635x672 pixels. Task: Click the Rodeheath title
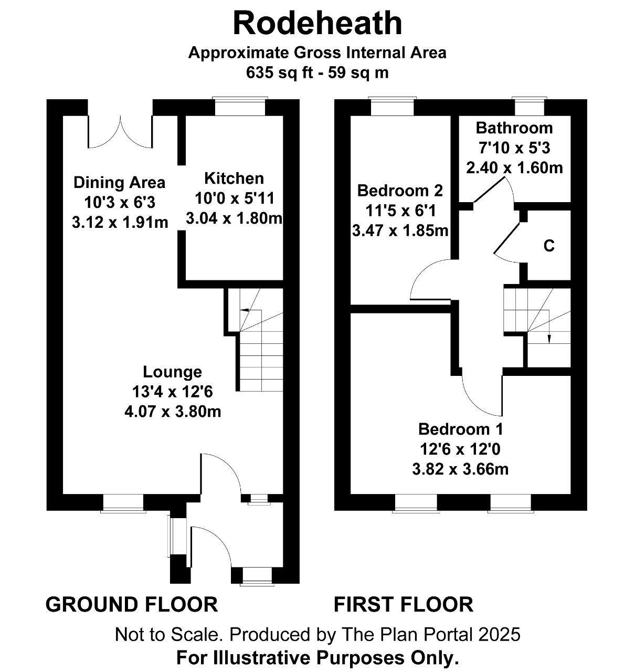(317, 23)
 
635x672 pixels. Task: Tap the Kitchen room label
(234, 178)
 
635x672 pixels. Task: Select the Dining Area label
(119, 183)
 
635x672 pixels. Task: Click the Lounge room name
(172, 372)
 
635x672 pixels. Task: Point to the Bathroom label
(514, 128)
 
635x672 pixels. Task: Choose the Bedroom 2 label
(400, 191)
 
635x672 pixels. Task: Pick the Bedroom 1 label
(460, 429)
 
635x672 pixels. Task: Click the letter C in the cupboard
(549, 245)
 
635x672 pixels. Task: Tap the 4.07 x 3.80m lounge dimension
(173, 412)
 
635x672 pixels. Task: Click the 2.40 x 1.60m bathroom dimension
(514, 168)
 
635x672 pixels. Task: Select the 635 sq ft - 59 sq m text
(317, 72)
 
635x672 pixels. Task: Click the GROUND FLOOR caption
(132, 604)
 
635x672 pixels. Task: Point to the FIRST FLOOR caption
(403, 604)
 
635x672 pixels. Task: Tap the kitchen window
(240, 107)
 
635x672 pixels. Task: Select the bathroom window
(530, 107)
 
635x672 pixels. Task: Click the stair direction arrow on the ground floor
(251, 310)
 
